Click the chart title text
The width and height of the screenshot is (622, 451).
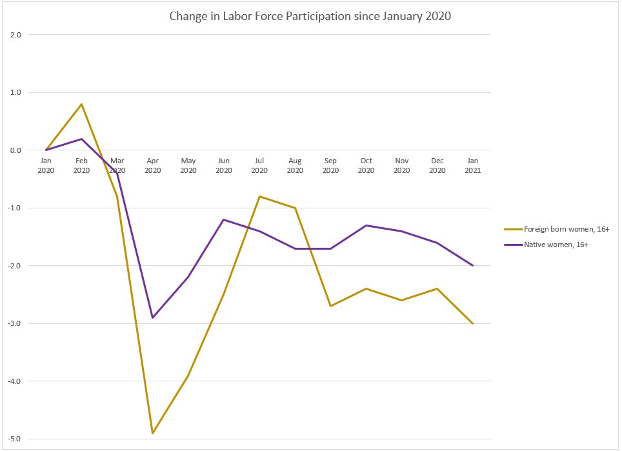(x=310, y=16)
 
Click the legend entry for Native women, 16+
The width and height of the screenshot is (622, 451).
(x=554, y=245)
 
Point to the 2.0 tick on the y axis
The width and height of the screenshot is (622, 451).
(x=15, y=35)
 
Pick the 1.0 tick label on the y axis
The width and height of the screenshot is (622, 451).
(x=15, y=93)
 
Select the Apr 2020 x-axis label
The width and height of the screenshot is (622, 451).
(x=153, y=166)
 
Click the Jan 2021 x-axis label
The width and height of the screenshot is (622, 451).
(x=473, y=166)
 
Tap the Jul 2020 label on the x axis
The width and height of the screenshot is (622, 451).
(x=259, y=166)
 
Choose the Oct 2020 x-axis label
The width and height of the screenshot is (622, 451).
(x=366, y=166)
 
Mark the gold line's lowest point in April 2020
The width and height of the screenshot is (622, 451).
(x=153, y=433)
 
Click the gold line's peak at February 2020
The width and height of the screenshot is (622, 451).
(x=81, y=104)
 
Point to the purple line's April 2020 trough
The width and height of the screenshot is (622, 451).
(x=153, y=317)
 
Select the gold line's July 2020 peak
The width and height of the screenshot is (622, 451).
(x=259, y=196)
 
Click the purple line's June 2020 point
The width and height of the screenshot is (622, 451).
(x=224, y=219)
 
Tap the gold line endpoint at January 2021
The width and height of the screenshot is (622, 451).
(x=473, y=323)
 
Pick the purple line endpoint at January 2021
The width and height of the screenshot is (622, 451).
(x=473, y=265)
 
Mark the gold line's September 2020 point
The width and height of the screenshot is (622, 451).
(x=330, y=306)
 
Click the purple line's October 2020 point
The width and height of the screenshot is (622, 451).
(x=366, y=225)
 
